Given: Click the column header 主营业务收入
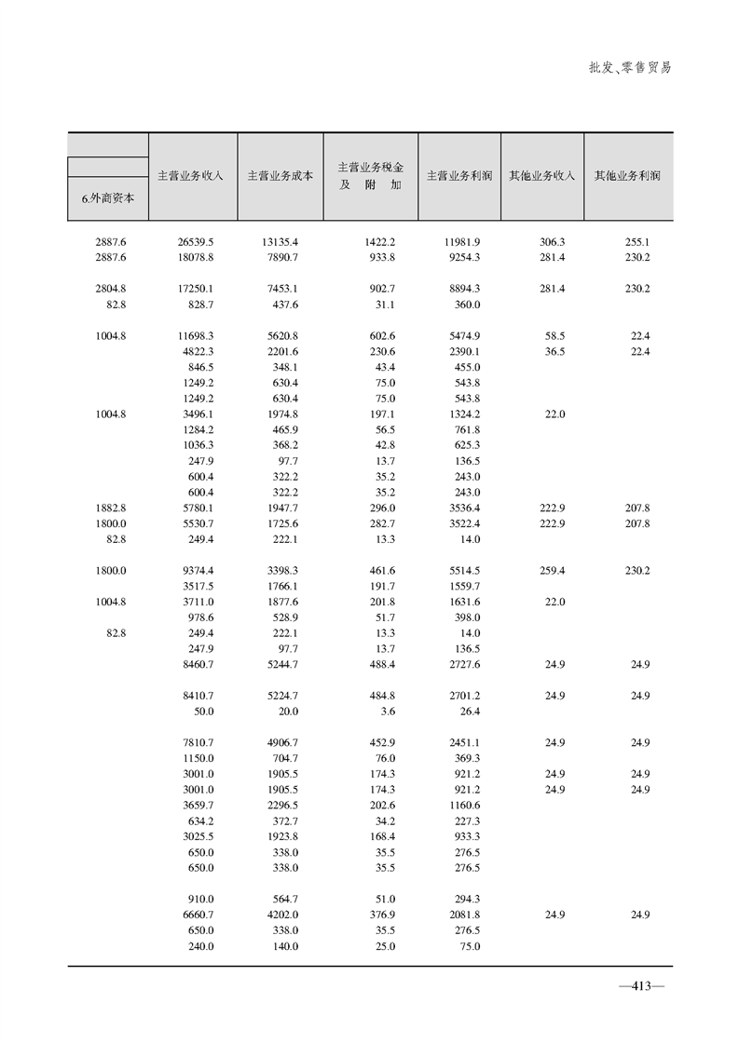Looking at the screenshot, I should (192, 175).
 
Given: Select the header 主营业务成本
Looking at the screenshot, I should (280, 175).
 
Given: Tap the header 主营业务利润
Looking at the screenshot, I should (458, 175).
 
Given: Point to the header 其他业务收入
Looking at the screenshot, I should (541, 175).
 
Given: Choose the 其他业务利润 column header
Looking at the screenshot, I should (627, 175).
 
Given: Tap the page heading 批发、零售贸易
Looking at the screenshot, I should (630, 68).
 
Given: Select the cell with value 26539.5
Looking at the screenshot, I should (196, 241).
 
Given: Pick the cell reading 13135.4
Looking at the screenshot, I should (280, 241).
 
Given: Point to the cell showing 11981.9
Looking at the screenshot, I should (461, 241).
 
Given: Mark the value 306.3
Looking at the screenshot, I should (553, 241).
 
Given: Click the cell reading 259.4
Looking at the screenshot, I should (553, 570).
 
